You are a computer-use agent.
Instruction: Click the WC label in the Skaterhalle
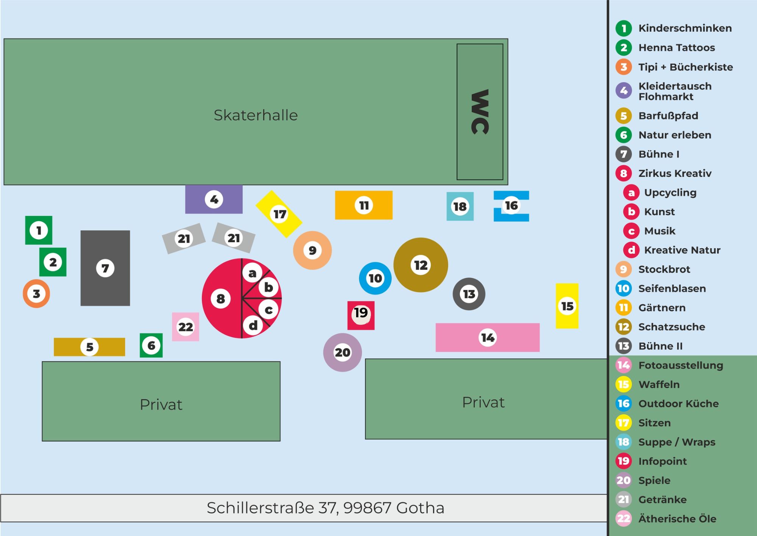pyautogui.click(x=480, y=112)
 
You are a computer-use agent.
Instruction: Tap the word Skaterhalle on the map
pyautogui.click(x=255, y=115)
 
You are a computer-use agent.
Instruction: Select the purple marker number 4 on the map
pyautogui.click(x=214, y=199)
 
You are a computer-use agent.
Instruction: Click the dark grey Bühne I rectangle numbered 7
pyautogui.click(x=105, y=268)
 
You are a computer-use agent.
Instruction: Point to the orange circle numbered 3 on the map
pyautogui.click(x=36, y=294)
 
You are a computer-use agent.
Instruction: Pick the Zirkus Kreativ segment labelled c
pyautogui.click(x=269, y=310)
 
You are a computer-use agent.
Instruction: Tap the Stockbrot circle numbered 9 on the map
pyautogui.click(x=312, y=250)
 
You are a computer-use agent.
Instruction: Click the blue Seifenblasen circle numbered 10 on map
pyautogui.click(x=375, y=278)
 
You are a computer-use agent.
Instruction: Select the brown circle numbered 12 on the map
pyautogui.click(x=421, y=265)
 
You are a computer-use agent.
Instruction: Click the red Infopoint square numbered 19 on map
pyautogui.click(x=361, y=315)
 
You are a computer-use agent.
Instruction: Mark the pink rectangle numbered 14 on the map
pyautogui.click(x=488, y=337)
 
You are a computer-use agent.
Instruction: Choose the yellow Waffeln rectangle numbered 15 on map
pyautogui.click(x=567, y=306)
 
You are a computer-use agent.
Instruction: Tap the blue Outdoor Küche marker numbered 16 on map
pyautogui.click(x=511, y=206)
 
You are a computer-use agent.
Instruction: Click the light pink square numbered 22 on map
pyautogui.click(x=185, y=327)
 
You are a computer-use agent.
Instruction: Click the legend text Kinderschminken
pyautogui.click(x=685, y=28)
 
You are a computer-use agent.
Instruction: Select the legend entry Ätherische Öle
pyautogui.click(x=677, y=519)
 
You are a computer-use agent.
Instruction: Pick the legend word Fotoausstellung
pyautogui.click(x=681, y=365)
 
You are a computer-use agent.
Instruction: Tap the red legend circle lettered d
pyautogui.click(x=631, y=250)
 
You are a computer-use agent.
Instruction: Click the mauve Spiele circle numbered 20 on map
pyautogui.click(x=343, y=353)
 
